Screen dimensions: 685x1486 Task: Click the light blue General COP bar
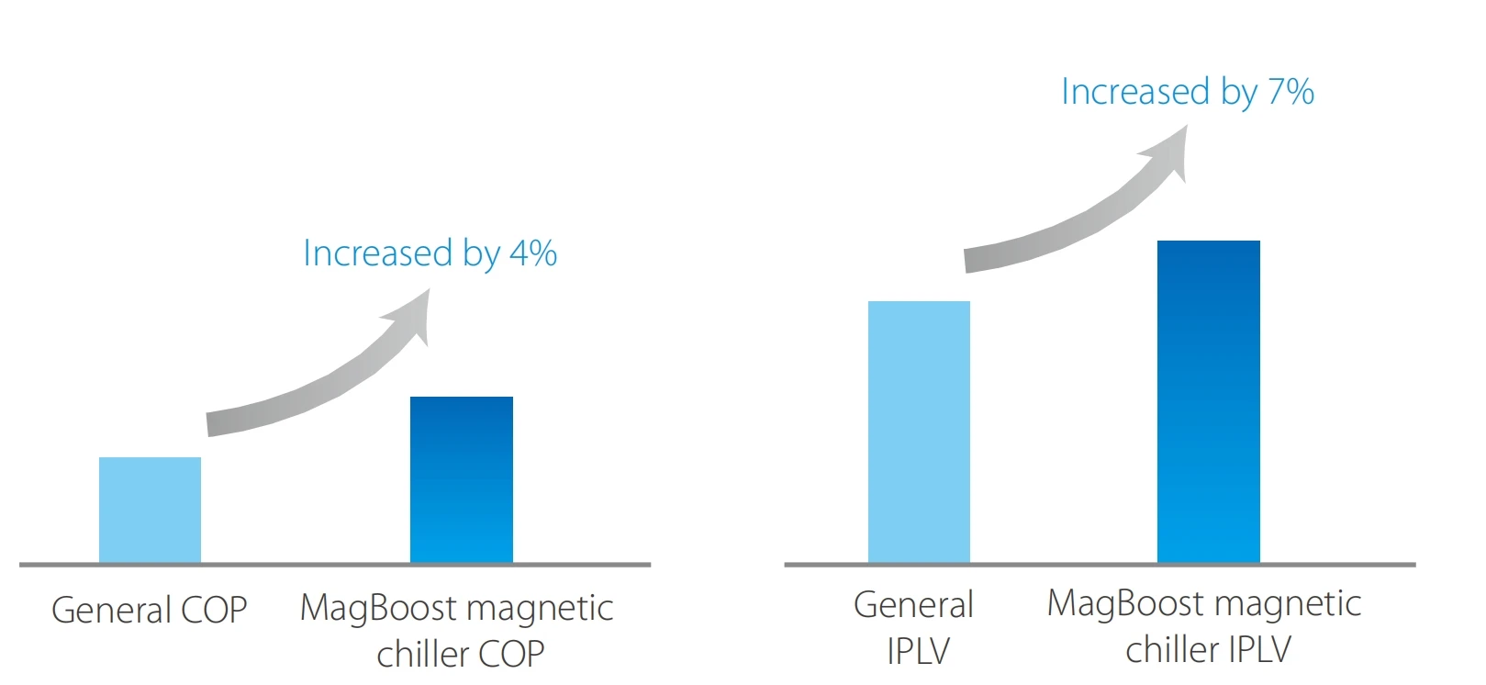pyautogui.click(x=150, y=510)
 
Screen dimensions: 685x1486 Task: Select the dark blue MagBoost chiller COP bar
pyautogui.click(x=461, y=478)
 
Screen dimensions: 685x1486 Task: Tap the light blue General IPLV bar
pyautogui.click(x=919, y=432)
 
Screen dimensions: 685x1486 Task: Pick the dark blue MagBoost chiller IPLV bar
pyautogui.click(x=1208, y=401)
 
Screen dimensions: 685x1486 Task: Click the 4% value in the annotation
pyautogui.click(x=533, y=253)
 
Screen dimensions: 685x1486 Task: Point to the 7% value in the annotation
pyautogui.click(x=1290, y=92)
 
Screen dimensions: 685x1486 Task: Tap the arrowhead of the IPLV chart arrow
pyautogui.click(x=1169, y=151)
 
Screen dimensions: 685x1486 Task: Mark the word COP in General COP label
pyautogui.click(x=215, y=610)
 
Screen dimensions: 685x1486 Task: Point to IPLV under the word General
pyautogui.click(x=918, y=651)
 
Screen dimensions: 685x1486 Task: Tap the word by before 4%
pyautogui.click(x=482, y=254)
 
